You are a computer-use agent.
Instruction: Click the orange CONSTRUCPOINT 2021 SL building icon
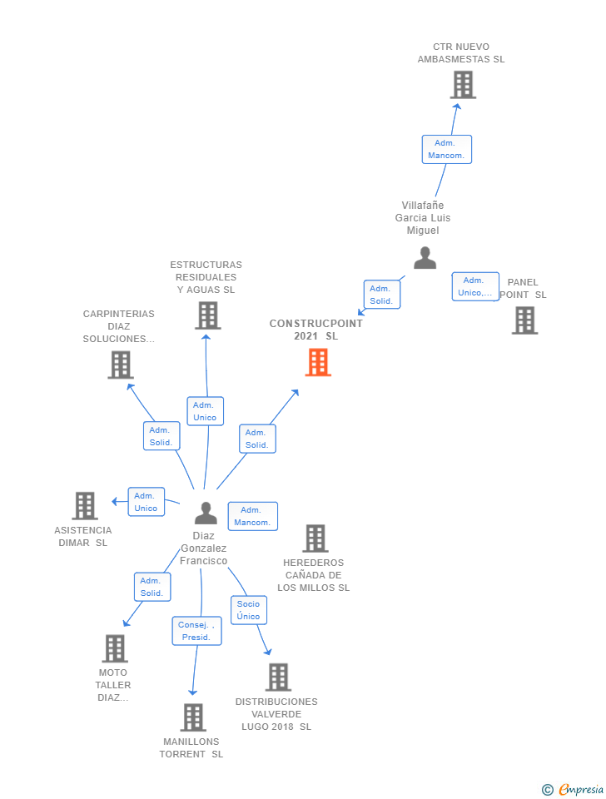[x=318, y=362]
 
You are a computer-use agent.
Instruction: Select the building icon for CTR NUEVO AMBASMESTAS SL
[x=463, y=85]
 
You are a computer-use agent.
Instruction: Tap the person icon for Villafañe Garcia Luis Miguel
[x=425, y=258]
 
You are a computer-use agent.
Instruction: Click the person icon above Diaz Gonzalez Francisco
[x=206, y=513]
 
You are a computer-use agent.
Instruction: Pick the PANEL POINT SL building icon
[x=524, y=320]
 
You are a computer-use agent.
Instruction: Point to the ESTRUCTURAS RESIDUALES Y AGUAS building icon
[x=207, y=315]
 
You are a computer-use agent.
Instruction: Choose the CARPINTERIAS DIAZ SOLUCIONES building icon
[x=121, y=365]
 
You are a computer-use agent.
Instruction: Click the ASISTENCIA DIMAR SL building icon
[x=85, y=505]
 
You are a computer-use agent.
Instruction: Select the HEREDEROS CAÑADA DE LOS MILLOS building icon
[x=315, y=538]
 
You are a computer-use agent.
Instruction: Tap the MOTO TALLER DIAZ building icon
[x=115, y=648]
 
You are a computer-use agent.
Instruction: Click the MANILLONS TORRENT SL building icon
[x=193, y=717]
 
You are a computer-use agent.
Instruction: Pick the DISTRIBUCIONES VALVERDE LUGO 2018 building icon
[x=278, y=677]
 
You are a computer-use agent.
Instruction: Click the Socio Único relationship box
[x=248, y=610]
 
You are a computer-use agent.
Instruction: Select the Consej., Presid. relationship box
[x=197, y=631]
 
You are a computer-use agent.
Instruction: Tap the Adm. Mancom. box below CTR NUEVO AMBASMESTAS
[x=446, y=150]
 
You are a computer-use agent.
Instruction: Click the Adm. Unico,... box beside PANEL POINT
[x=475, y=286]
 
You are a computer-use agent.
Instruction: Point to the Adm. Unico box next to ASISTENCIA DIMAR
[x=146, y=502]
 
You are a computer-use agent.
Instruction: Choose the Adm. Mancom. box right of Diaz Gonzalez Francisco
[x=252, y=516]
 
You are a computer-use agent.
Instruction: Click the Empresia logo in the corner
[x=574, y=789]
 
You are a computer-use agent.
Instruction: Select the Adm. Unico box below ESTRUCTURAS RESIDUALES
[x=205, y=411]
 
